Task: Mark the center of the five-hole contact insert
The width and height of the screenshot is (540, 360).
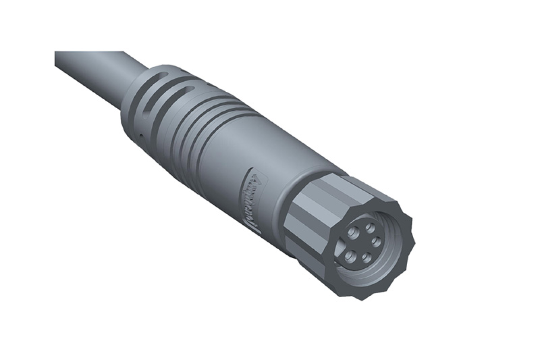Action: click(x=363, y=242)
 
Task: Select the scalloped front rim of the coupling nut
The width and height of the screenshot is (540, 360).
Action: click(x=406, y=258)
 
